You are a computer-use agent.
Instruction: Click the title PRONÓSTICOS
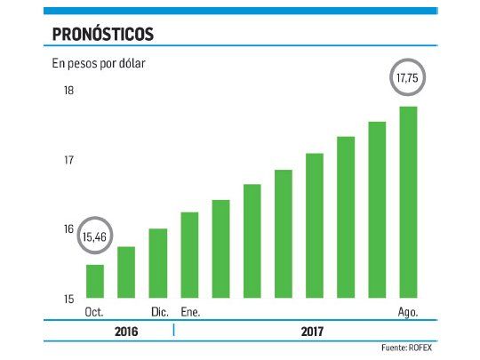point(103,34)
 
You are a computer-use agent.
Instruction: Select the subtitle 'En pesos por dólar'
point(100,63)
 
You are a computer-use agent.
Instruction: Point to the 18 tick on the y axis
point(68,92)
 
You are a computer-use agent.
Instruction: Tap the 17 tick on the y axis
point(68,160)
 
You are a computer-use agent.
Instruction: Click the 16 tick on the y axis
point(68,229)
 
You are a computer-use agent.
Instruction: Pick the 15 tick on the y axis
point(68,298)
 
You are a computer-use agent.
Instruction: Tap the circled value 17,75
point(407,78)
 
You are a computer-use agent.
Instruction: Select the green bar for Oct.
point(95,281)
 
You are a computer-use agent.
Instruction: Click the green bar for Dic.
point(158,263)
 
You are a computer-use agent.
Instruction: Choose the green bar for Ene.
point(189,255)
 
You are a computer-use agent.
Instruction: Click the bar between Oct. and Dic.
point(126,272)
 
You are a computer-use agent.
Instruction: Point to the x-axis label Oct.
point(94,311)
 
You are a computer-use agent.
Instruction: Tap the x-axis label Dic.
point(158,311)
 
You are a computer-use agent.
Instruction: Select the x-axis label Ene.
point(190,311)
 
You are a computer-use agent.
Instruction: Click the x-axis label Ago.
point(408,311)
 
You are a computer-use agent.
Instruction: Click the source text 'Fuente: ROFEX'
point(412,348)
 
